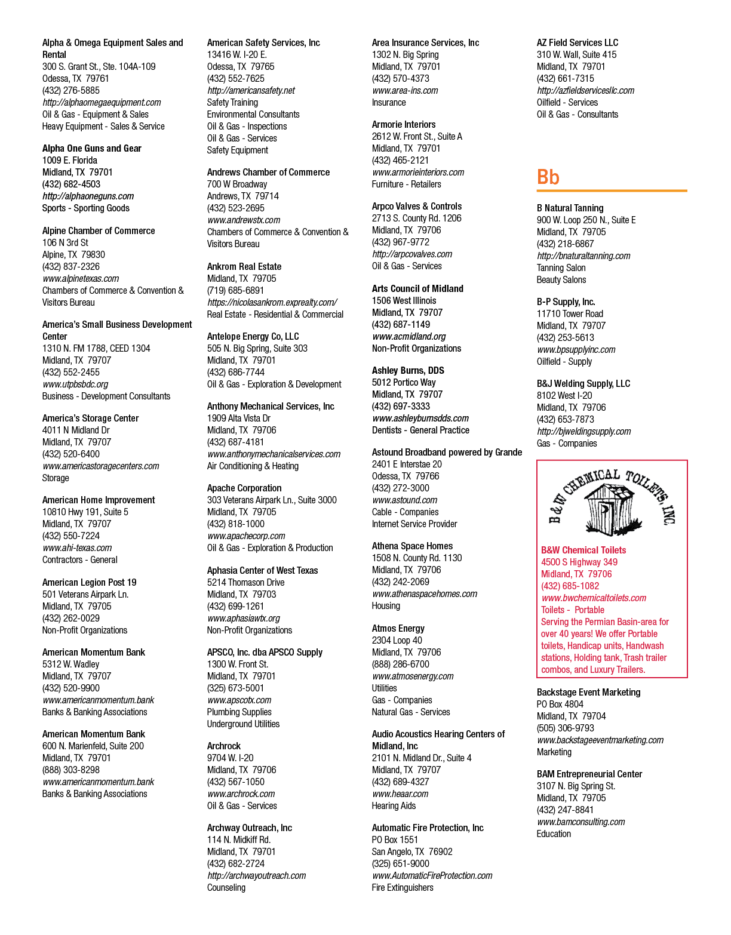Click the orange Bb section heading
(548, 177)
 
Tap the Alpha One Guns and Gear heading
(91, 149)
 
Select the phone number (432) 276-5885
(70, 91)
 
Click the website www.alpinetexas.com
(81, 279)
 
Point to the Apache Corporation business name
(244, 488)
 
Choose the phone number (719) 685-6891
(235, 291)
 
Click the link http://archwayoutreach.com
(256, 876)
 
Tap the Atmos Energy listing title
(398, 629)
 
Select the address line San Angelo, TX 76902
(412, 851)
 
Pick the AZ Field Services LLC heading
(578, 42)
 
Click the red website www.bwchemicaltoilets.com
(594, 598)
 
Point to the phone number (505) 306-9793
(566, 728)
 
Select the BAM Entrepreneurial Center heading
(589, 774)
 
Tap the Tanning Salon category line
(561, 267)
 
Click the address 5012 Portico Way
(404, 383)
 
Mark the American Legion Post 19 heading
(89, 583)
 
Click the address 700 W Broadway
(237, 184)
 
